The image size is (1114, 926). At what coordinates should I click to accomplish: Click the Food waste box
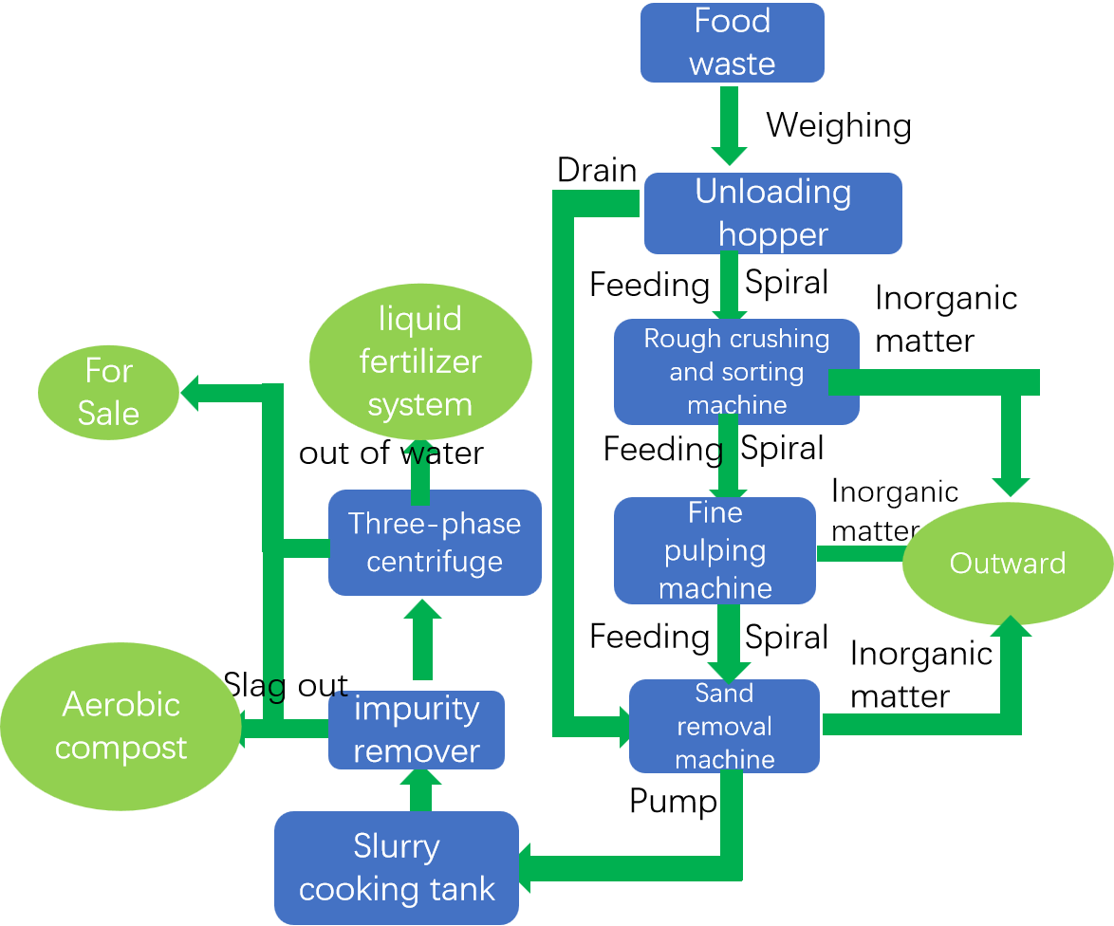coord(732,43)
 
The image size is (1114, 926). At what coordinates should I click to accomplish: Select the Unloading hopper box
coord(772,213)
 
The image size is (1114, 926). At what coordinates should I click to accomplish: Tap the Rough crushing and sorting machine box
coord(736,372)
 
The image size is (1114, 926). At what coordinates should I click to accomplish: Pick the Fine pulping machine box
coord(715,550)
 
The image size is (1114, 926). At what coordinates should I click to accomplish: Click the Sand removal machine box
coord(724,726)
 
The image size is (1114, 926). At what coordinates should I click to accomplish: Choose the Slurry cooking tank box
coord(397,867)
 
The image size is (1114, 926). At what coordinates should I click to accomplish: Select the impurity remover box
coord(416,730)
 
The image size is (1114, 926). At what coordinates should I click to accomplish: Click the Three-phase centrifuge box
coord(435,543)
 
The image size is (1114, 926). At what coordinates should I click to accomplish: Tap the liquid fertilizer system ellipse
coord(420,361)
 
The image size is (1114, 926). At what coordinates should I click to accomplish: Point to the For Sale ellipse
coord(108,392)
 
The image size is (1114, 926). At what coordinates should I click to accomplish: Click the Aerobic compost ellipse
coord(121,726)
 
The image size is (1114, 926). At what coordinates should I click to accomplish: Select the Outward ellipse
coord(1007,564)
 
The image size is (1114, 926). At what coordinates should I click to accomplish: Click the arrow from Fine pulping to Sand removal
coord(729,640)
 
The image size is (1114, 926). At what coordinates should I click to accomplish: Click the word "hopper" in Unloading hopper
coord(772,234)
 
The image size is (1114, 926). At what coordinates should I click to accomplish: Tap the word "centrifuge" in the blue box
coord(435,561)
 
